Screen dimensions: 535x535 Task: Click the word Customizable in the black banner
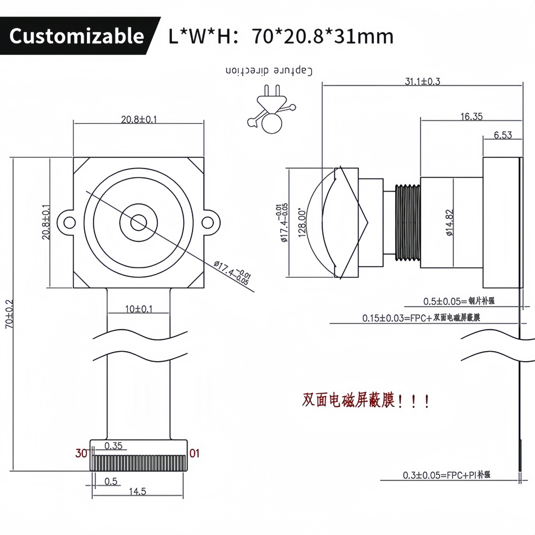coord(77,36)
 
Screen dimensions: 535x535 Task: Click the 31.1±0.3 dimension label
coord(422,81)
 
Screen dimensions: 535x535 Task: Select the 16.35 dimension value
coord(471,117)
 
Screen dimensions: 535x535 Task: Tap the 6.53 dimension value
coord(503,135)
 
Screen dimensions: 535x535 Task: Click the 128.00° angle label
coord(302,223)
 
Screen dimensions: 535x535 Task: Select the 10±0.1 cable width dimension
coord(139,309)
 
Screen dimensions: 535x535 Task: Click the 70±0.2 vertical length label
coord(9,314)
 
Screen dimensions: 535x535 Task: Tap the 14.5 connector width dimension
coord(137,492)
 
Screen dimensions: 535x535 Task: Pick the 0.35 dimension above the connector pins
coord(113,445)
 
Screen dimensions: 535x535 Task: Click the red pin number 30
coord(81,453)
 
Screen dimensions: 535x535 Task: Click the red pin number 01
coord(194,453)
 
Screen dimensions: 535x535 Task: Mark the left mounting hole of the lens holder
coord(69,223)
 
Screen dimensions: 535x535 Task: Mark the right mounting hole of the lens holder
coord(208,223)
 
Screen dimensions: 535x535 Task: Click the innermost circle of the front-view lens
coord(138,223)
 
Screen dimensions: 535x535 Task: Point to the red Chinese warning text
coord(366,401)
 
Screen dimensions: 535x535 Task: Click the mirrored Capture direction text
coord(269,71)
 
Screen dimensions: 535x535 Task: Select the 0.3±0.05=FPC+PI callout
coord(447,475)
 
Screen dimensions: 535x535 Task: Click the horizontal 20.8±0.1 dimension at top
coord(139,119)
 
